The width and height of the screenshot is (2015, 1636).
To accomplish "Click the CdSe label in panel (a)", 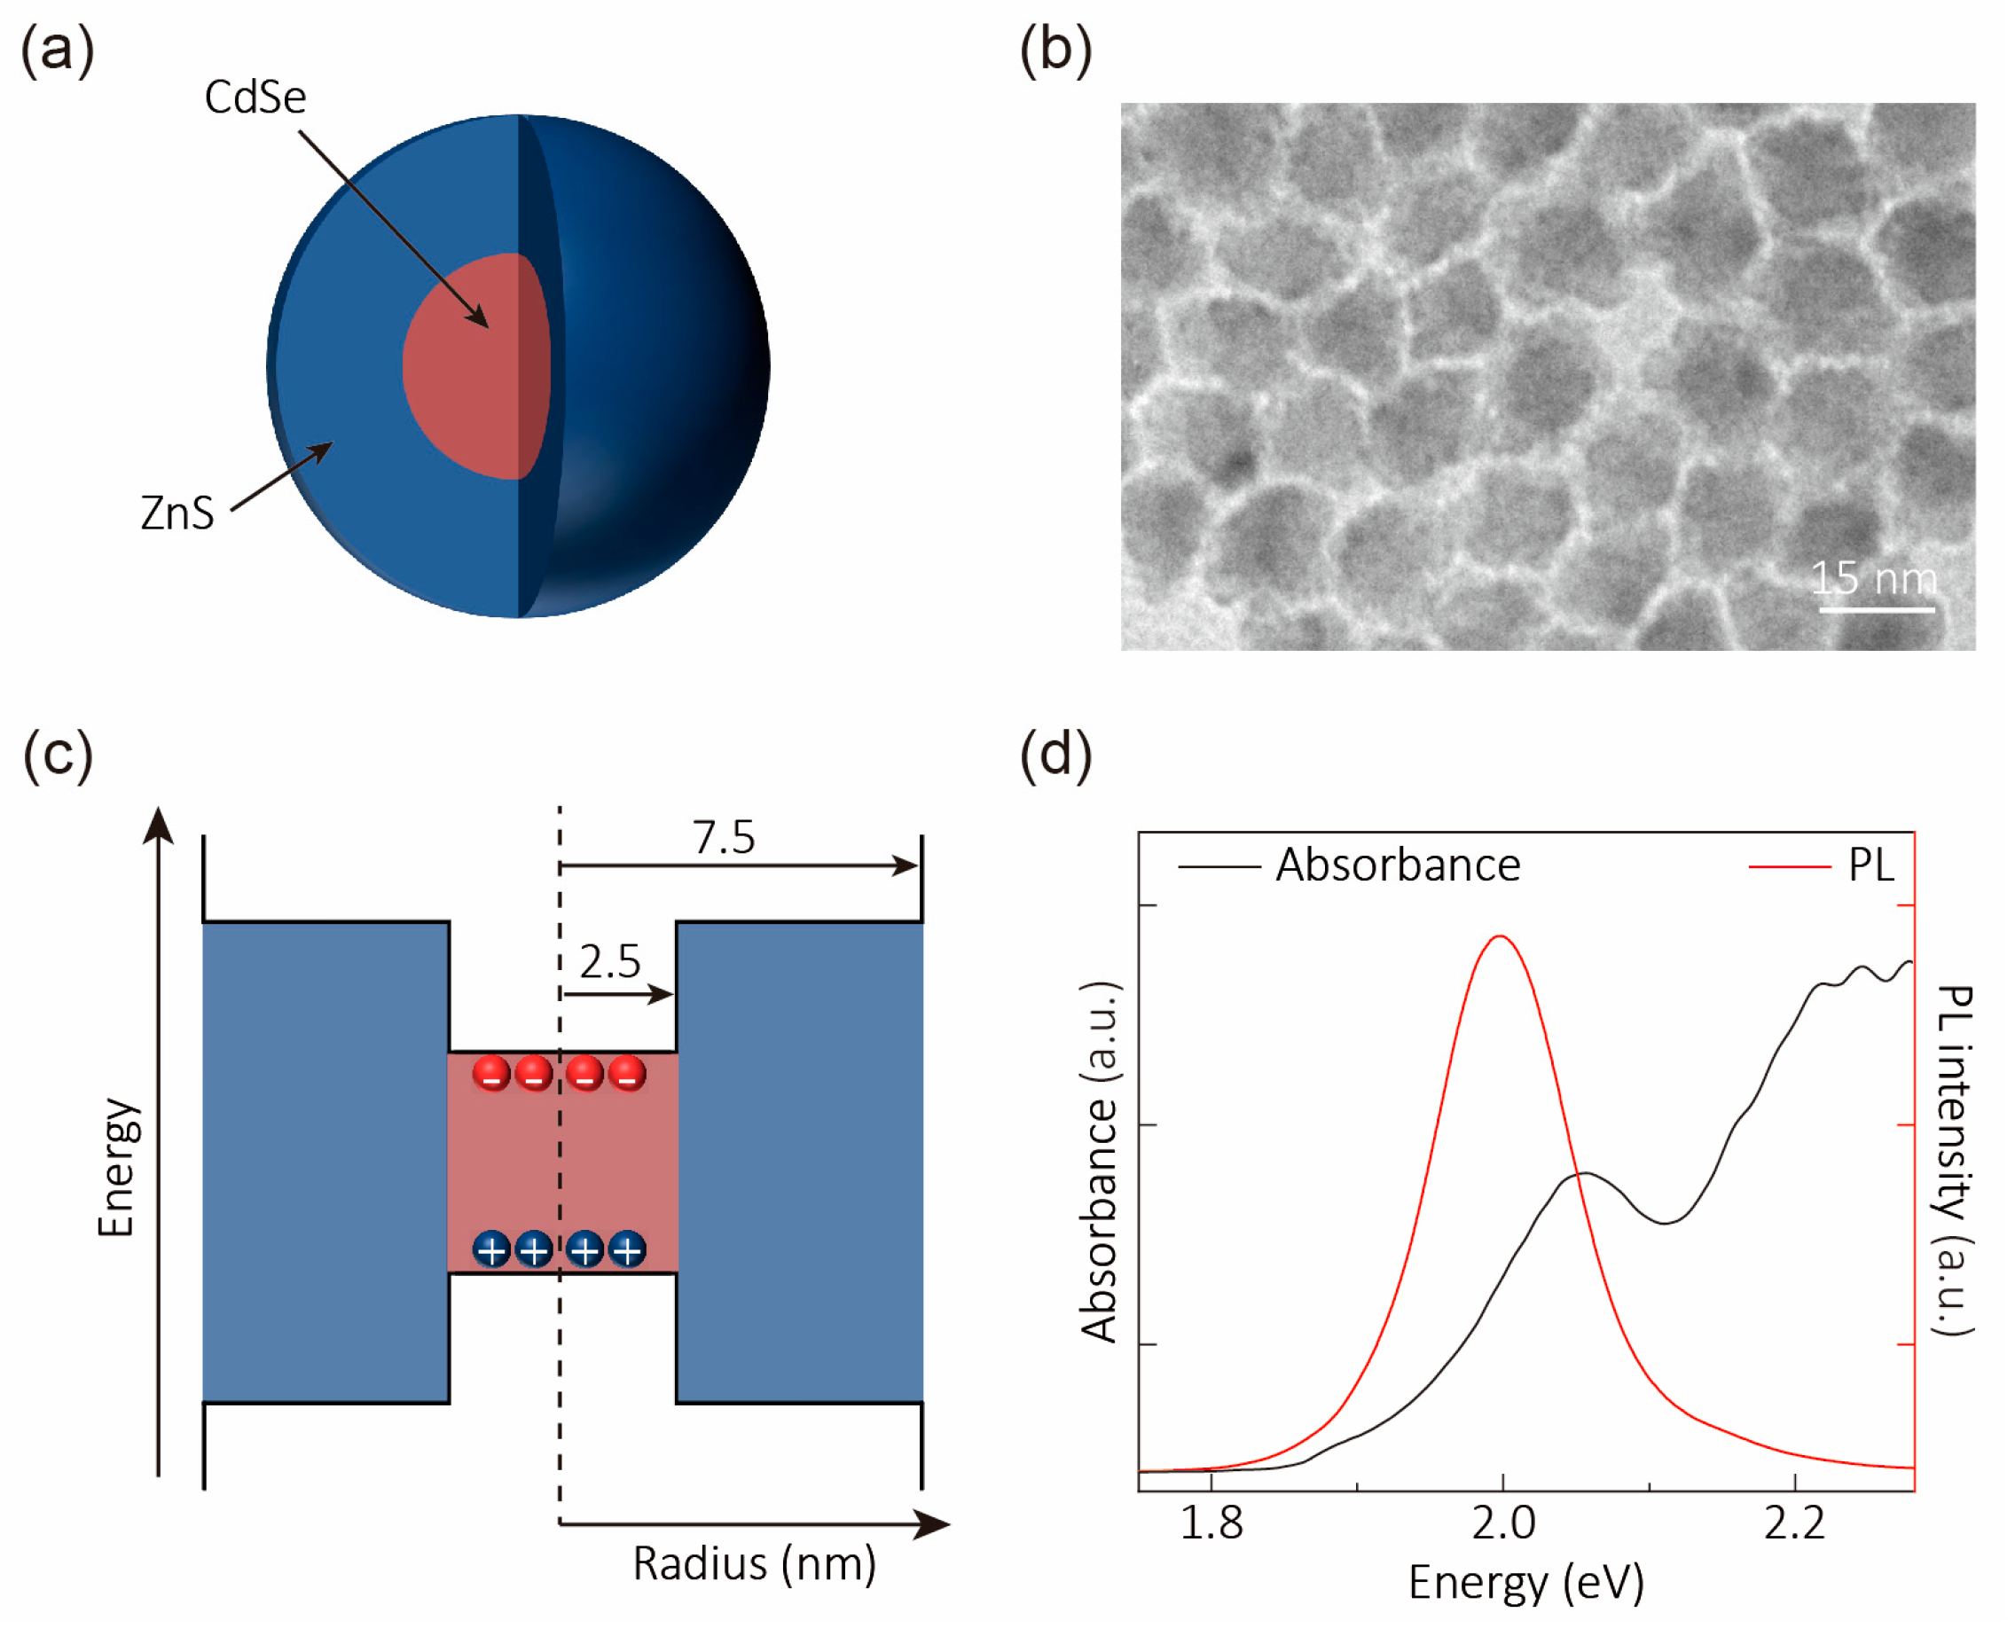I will pos(255,97).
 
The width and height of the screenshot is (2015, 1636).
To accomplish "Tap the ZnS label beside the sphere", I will pos(177,513).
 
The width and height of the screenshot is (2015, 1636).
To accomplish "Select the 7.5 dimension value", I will pos(724,837).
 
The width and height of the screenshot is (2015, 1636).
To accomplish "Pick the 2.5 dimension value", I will pos(610,961).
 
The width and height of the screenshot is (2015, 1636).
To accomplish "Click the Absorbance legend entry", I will pos(1397,865).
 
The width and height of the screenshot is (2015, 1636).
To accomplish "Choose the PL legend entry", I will pos(1870,865).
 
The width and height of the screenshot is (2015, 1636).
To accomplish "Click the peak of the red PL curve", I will pos(1500,936).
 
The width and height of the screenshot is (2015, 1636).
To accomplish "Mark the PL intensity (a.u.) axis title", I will pos(1955,1159).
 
